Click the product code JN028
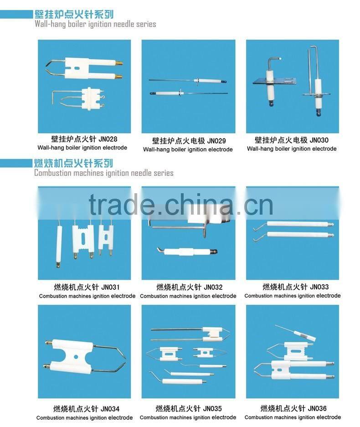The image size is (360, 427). (108, 139)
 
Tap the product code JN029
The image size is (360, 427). (216, 141)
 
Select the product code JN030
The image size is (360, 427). (319, 140)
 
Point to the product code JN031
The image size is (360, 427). (110, 287)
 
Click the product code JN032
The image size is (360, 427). (213, 287)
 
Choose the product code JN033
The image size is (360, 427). (319, 287)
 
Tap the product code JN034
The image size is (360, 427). (110, 409)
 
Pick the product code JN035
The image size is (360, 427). (213, 408)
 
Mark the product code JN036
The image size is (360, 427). (317, 408)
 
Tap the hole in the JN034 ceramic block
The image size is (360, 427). (76, 356)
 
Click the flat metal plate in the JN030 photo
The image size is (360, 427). (274, 81)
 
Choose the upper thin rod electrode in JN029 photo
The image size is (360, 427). (188, 81)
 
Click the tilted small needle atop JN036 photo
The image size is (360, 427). (295, 333)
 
